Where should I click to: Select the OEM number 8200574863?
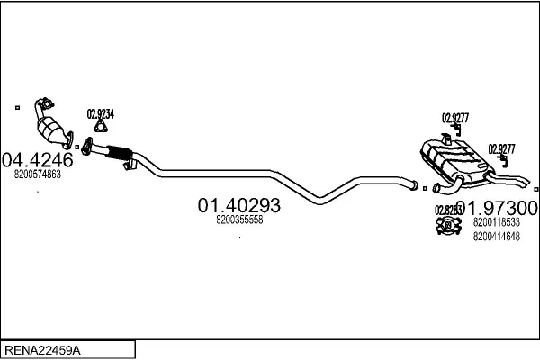click(x=38, y=175)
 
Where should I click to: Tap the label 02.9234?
click(x=100, y=114)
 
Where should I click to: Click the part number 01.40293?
click(x=238, y=205)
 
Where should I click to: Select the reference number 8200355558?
click(x=239, y=220)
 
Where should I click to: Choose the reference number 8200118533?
click(x=496, y=222)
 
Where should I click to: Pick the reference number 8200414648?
click(x=496, y=236)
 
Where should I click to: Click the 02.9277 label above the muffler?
click(x=454, y=117)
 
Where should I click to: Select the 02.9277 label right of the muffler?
click(x=501, y=149)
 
